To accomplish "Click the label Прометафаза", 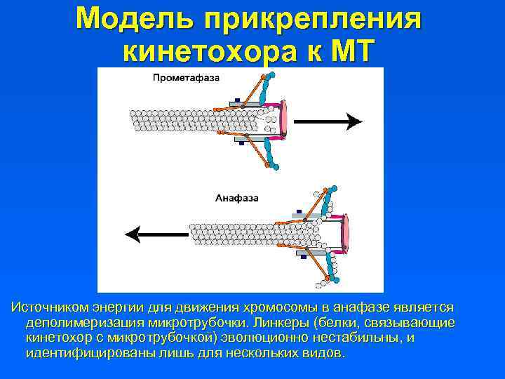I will click(186, 78).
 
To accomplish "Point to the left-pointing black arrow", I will click(155, 234).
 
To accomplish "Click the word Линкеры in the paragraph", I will click(282, 323).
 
